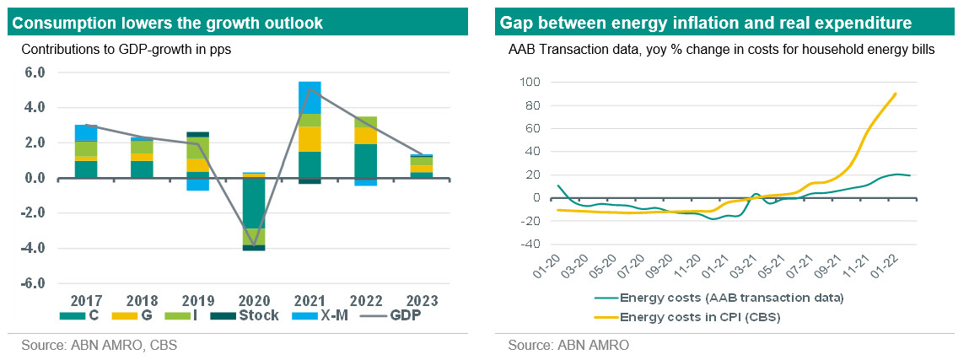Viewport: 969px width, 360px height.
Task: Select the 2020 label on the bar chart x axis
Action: coord(254,301)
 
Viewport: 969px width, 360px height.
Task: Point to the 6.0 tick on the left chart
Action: coord(33,73)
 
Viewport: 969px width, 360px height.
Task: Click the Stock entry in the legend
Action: coord(240,316)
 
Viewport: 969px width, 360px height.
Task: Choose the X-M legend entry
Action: coord(317,316)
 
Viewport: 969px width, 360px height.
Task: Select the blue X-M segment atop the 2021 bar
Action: coord(310,97)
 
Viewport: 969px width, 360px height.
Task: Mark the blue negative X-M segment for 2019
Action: coord(198,184)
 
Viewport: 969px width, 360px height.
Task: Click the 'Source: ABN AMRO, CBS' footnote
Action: coord(100,346)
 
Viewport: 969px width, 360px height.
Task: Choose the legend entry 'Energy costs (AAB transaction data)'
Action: coord(730,298)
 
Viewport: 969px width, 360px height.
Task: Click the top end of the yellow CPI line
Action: coord(896,94)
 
